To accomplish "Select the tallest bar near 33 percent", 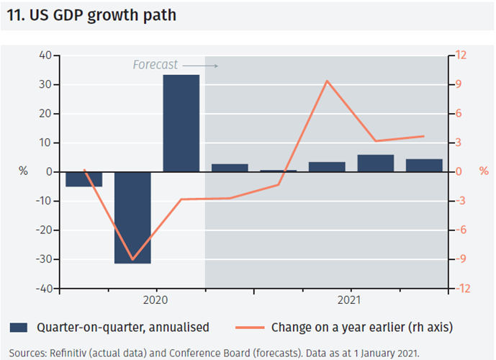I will (181, 123).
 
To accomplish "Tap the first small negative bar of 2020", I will (84, 179).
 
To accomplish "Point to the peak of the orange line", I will (328, 81).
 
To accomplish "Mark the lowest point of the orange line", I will (132, 260).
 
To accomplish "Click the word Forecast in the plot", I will (155, 65).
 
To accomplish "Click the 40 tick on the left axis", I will (45, 55).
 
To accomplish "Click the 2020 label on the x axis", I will (156, 299).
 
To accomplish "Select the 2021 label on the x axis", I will (351, 299).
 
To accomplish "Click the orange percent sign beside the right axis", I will (483, 171).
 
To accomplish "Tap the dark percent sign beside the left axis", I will (22, 171).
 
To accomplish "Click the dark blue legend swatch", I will (19, 328).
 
